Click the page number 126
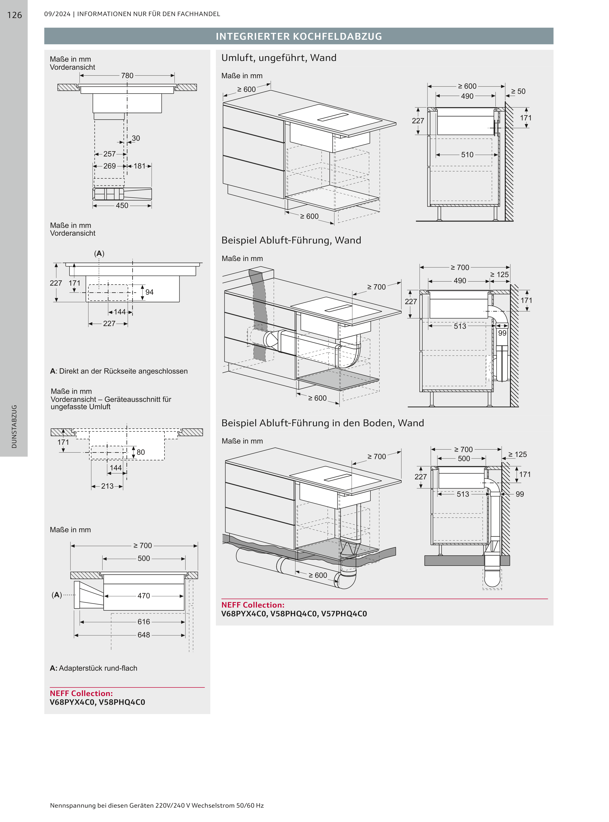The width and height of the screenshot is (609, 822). pyautogui.click(x=14, y=15)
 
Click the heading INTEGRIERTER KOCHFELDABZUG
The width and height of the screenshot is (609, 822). pyautogui.click(x=299, y=36)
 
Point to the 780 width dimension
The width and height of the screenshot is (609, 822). pyautogui.click(x=127, y=76)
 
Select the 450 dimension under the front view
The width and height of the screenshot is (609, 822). pyautogui.click(x=122, y=206)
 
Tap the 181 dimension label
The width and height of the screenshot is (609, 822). pyautogui.click(x=139, y=166)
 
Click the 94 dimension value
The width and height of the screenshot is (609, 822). pyautogui.click(x=149, y=292)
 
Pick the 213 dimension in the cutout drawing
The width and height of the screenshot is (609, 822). pyautogui.click(x=107, y=486)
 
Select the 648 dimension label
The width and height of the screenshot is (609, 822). pyautogui.click(x=144, y=635)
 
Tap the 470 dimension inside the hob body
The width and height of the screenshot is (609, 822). pyautogui.click(x=144, y=596)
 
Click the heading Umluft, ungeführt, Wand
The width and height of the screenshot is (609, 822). pyautogui.click(x=279, y=58)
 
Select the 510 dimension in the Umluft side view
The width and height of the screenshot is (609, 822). pyautogui.click(x=467, y=155)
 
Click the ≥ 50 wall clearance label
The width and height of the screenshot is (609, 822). pyautogui.click(x=518, y=91)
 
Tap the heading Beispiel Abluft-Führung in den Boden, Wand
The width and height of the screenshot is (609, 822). pyautogui.click(x=323, y=423)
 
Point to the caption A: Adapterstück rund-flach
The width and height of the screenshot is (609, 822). pyautogui.click(x=94, y=668)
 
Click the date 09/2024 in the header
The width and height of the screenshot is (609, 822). pyautogui.click(x=57, y=14)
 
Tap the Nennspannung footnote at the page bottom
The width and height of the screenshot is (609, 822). pyautogui.click(x=157, y=805)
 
